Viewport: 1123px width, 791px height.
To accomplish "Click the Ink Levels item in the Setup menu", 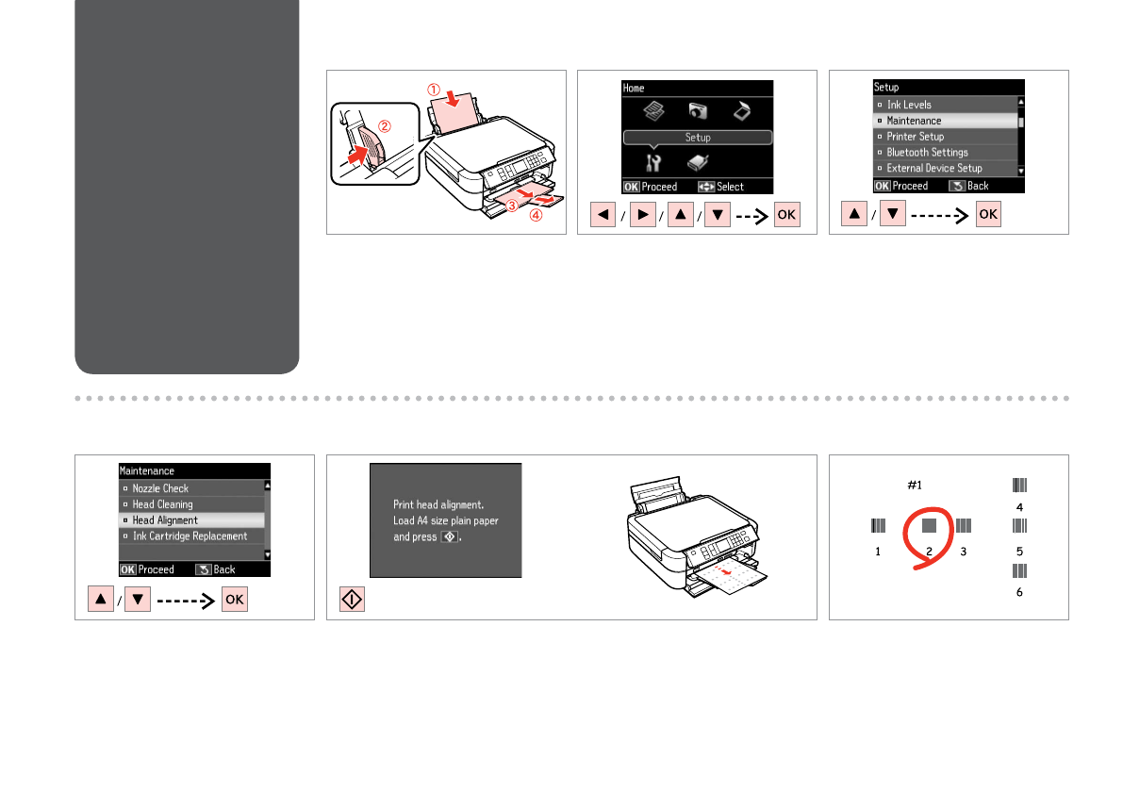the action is [909, 105].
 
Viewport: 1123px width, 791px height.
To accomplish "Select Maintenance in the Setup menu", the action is [914, 121].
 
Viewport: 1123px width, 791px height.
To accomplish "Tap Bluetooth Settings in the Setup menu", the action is [927, 153].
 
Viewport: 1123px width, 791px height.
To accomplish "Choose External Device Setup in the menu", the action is [933, 168].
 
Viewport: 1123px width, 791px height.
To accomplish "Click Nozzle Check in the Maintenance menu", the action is [160, 488].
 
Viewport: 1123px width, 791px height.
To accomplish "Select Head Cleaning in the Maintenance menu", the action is [162, 504].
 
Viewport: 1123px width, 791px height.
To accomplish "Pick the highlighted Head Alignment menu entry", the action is [165, 520].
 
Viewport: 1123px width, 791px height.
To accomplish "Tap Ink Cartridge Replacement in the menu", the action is [190, 536].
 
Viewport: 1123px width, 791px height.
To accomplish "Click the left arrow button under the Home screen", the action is [603, 215].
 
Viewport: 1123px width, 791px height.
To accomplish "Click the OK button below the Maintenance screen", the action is [234, 600].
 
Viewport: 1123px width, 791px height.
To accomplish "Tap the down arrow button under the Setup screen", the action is [892, 214].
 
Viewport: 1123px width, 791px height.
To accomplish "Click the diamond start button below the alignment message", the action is [352, 600].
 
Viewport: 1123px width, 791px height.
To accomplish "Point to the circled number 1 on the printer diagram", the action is [434, 90].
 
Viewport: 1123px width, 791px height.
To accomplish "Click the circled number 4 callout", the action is [536, 215].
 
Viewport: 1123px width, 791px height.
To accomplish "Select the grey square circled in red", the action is [929, 526].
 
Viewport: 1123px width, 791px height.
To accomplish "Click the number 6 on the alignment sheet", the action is [1019, 592].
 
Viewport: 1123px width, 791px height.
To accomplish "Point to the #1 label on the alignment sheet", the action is [915, 486].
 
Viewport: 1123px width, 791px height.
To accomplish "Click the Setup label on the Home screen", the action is [698, 138].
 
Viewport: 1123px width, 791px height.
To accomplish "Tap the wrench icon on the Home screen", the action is [653, 163].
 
